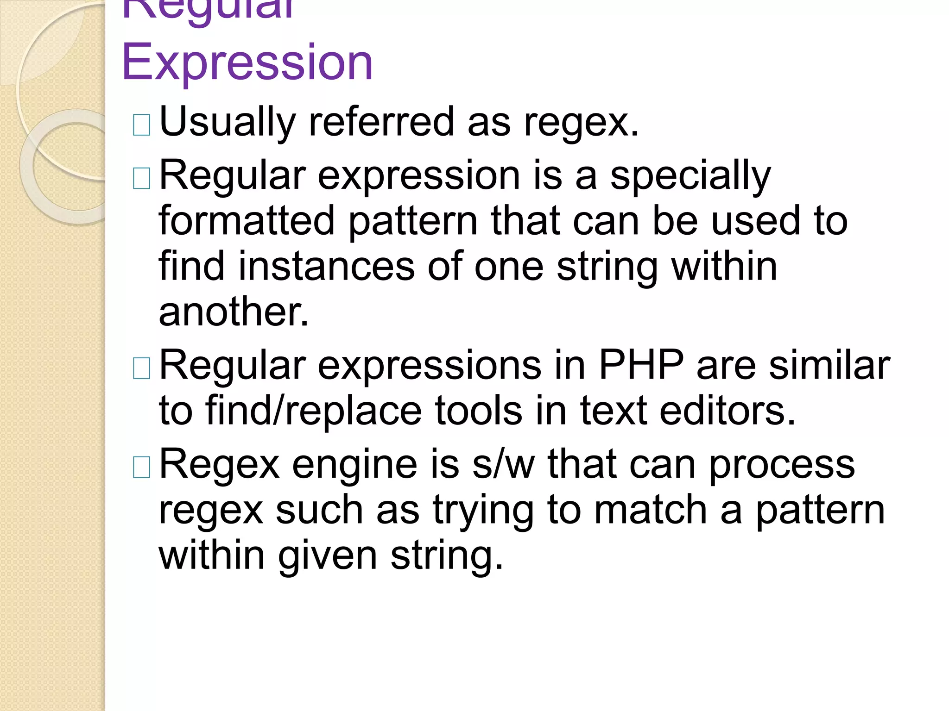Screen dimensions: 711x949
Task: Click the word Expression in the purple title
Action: [247, 62]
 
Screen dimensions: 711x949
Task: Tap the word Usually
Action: [227, 122]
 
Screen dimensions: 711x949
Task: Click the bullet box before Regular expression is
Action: [141, 178]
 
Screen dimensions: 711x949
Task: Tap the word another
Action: [233, 312]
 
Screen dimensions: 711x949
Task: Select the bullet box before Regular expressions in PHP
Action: [141, 368]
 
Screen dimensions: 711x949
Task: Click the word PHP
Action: [641, 365]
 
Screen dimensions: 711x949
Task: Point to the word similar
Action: [829, 365]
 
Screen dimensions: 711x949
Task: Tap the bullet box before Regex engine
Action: [141, 467]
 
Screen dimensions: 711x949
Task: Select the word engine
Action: [354, 465]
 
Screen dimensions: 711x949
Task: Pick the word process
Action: [782, 465]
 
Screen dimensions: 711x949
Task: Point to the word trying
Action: [483, 511]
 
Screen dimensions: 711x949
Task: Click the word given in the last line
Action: [327, 555]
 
